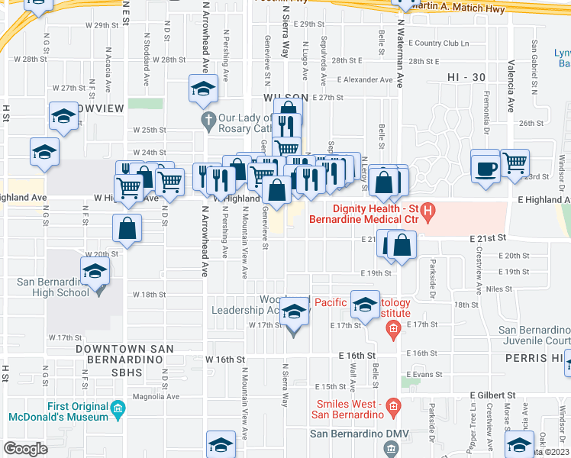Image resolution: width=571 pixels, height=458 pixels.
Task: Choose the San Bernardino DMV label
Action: tap(359, 434)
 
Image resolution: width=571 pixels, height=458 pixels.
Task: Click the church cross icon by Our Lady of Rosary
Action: tap(208, 118)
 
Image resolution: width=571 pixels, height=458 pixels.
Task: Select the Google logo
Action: tap(26, 448)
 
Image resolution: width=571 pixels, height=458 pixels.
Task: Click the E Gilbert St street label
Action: tap(493, 395)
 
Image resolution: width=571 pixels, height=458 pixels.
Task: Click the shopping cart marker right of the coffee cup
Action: tap(516, 161)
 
